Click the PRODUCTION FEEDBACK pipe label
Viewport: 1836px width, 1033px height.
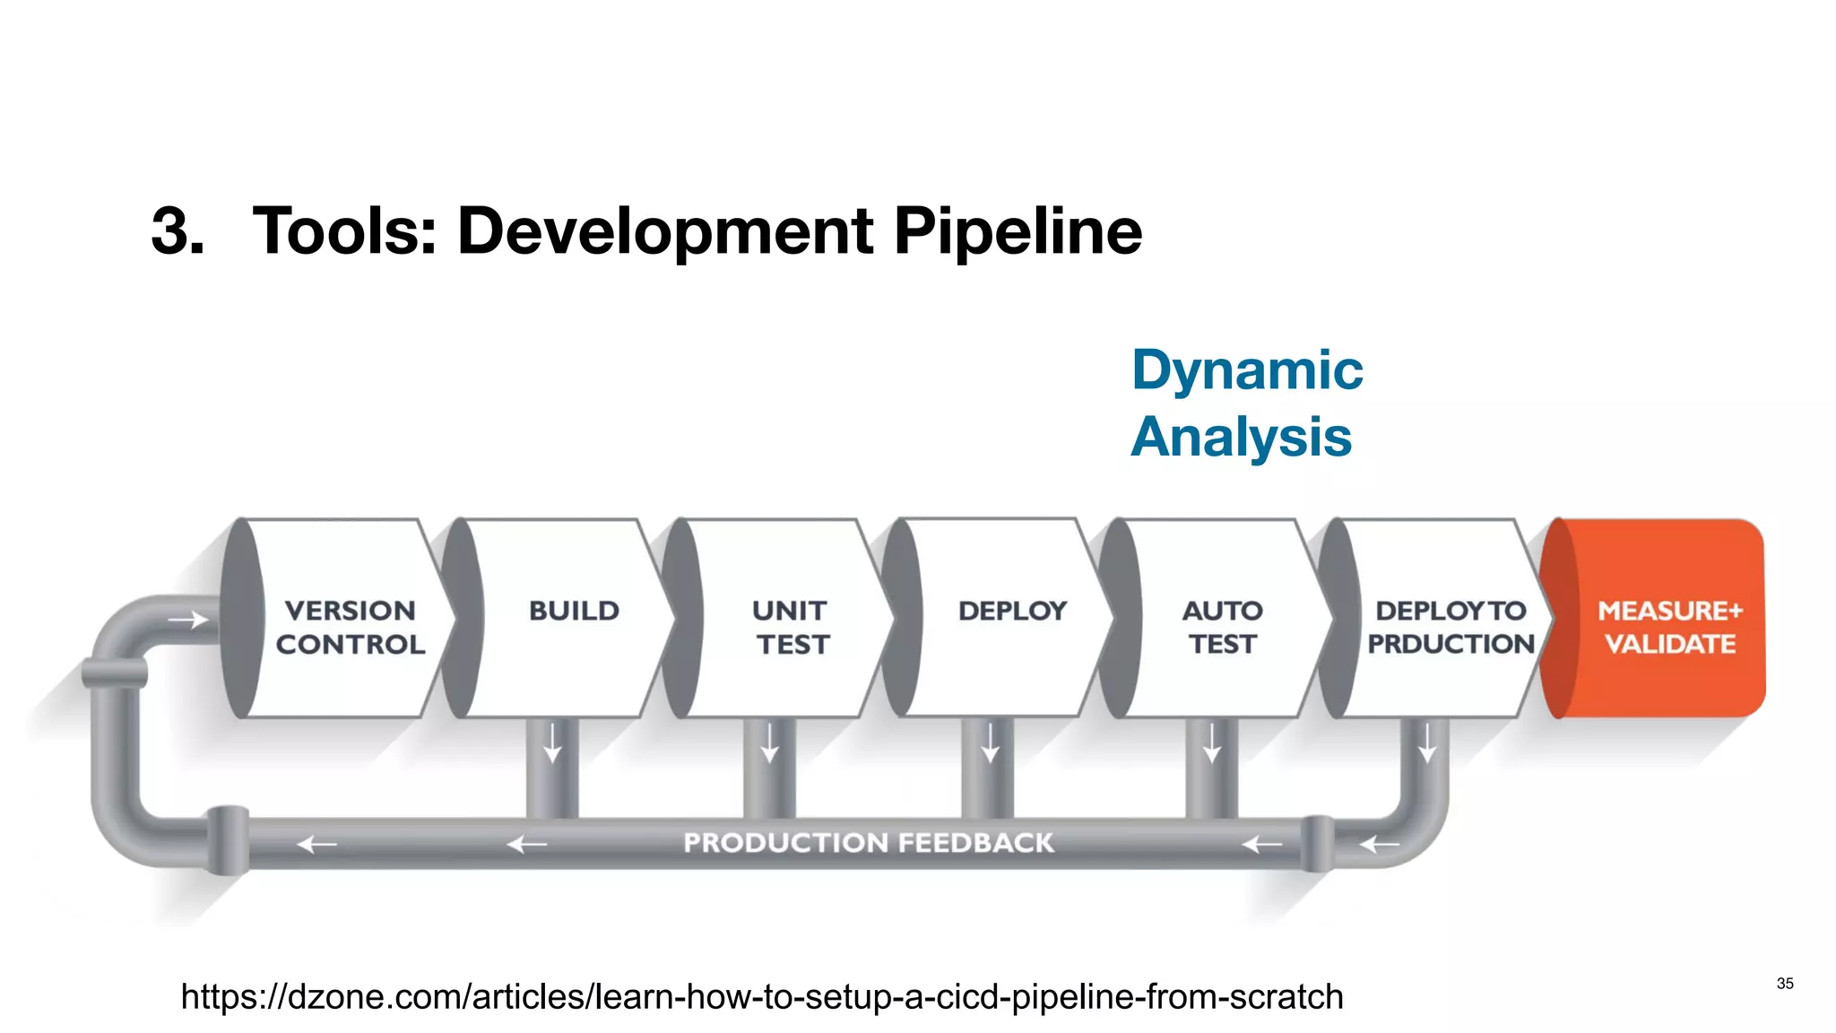pos(868,843)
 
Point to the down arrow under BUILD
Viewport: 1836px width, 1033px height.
pos(552,743)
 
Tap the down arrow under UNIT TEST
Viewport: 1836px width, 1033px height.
pos(770,743)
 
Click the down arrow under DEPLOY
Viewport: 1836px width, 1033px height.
pos(990,743)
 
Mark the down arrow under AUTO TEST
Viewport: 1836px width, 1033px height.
pos(1212,743)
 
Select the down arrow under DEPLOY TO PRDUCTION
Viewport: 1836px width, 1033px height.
pos(1427,743)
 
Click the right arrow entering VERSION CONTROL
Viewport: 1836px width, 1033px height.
pos(187,620)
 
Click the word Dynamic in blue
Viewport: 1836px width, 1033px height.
pos(1247,369)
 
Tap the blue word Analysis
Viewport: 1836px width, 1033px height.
pos(1242,437)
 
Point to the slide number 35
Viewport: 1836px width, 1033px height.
pos(1785,984)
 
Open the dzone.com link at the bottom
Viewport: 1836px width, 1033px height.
pos(762,997)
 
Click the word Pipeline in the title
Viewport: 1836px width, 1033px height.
pos(1018,231)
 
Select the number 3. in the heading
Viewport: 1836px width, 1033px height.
pos(178,231)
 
